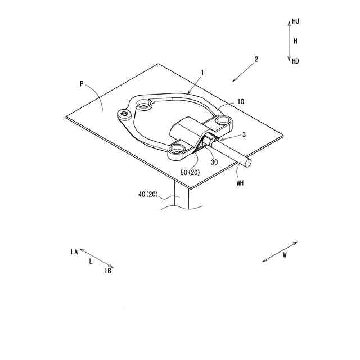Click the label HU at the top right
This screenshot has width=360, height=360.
point(296,21)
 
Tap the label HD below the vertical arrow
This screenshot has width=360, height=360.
point(296,61)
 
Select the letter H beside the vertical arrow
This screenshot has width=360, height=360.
point(295,41)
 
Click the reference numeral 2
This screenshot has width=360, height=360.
point(256,59)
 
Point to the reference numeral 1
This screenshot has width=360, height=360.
point(202,73)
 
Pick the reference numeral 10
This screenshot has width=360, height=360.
point(241,102)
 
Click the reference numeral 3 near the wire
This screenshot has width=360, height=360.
point(244,135)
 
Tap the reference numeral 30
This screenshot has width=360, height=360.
point(214,161)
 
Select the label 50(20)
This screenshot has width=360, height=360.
point(190,172)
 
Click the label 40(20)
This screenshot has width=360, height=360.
point(149,195)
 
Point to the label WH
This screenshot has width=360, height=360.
point(241,182)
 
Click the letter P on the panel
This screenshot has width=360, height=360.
point(82,84)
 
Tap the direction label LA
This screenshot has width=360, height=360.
point(74,252)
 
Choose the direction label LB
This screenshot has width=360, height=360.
point(107,271)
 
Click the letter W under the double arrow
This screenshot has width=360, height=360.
point(285,255)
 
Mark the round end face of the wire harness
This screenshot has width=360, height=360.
point(247,164)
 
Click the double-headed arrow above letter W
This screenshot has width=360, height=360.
point(280,251)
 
